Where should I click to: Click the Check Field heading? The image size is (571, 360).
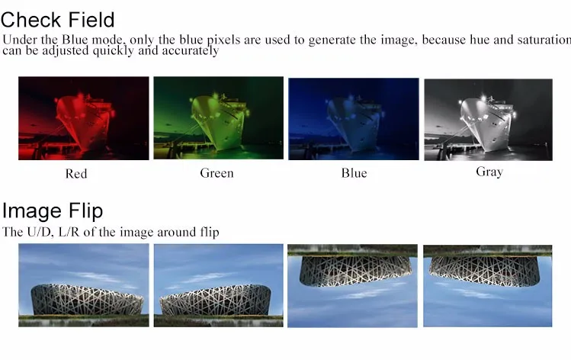58,18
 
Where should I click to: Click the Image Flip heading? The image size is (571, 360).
52,211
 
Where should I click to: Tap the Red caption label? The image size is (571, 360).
76,174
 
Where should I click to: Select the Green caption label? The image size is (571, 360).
217,173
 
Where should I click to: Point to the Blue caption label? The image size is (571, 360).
354,173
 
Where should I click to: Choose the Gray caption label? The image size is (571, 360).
489,172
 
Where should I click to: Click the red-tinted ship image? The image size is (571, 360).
84,118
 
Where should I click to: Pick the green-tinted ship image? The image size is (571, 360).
218,118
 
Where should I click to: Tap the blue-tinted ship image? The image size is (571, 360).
353,118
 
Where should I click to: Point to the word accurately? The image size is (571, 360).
191,51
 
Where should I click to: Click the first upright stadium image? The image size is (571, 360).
84,285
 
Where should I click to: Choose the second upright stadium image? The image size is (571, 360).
218,285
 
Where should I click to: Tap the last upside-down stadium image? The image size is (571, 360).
487,285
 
